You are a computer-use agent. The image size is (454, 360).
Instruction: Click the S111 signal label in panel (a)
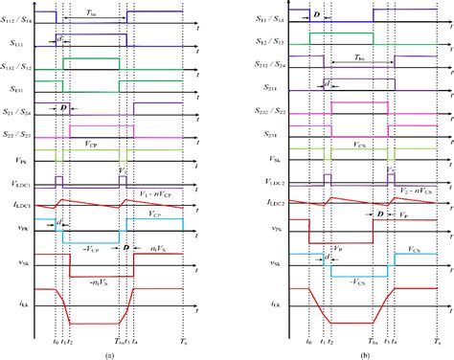19,43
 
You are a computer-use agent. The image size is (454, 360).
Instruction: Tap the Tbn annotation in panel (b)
355,56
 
